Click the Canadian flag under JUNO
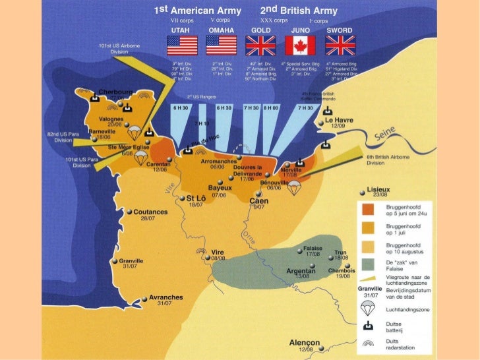click(x=300, y=45)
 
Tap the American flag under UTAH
click(x=183, y=45)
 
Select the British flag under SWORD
click(x=340, y=45)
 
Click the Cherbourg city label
click(x=116, y=92)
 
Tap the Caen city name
click(x=258, y=200)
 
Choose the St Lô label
click(x=195, y=198)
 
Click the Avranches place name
click(x=166, y=297)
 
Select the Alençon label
click(x=305, y=343)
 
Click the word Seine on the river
click(x=388, y=136)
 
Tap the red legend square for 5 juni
click(x=369, y=209)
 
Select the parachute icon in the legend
click(x=369, y=307)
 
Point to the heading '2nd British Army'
click(x=299, y=11)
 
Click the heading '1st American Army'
click(x=197, y=11)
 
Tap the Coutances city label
click(x=150, y=212)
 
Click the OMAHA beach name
click(x=222, y=30)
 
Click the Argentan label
click(x=301, y=270)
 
